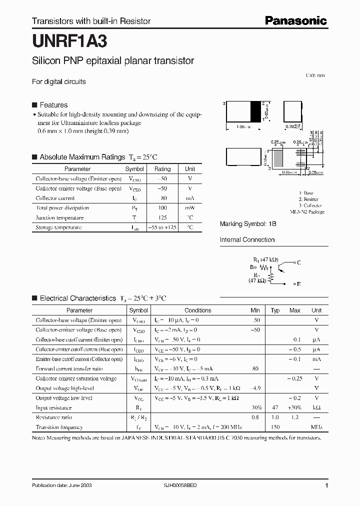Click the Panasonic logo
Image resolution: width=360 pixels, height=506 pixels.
295,20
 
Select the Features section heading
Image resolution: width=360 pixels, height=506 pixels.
53,105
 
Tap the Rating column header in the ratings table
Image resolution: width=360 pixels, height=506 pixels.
162,169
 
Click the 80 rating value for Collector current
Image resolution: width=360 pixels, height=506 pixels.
162,198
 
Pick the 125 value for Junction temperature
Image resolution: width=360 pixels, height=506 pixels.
162,217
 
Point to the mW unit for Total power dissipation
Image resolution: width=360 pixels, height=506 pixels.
190,208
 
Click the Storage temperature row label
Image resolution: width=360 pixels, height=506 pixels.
58,227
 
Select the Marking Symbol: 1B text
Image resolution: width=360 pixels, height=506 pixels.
248,224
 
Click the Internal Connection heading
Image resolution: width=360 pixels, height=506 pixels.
247,240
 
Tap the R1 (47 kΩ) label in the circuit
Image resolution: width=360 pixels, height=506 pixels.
265,260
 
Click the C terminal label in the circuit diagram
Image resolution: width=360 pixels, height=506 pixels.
298,262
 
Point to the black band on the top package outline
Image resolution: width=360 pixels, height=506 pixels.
255,111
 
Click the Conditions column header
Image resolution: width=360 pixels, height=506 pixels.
197,310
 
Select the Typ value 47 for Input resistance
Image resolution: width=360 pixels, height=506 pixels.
274,408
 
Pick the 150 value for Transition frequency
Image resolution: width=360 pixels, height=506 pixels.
274,427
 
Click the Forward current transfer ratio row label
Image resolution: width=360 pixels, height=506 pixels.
69,369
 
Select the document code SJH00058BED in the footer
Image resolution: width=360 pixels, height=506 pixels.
180,485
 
